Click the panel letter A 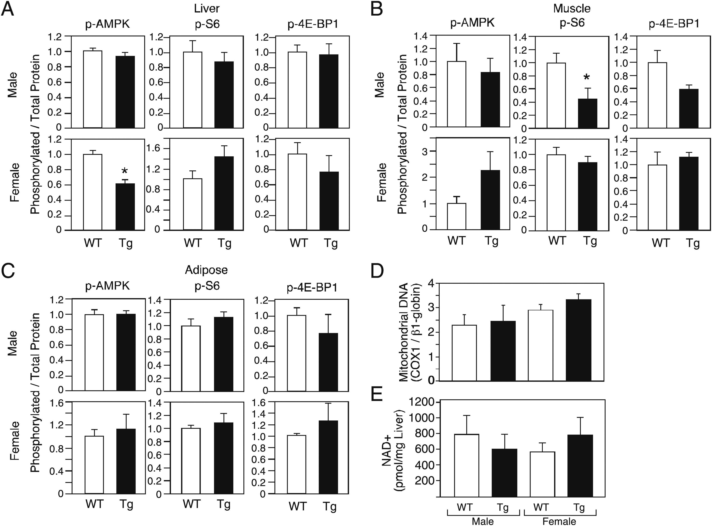click(x=8, y=9)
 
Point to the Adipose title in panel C click(x=206, y=270)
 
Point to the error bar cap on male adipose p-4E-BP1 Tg click(x=328, y=315)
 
